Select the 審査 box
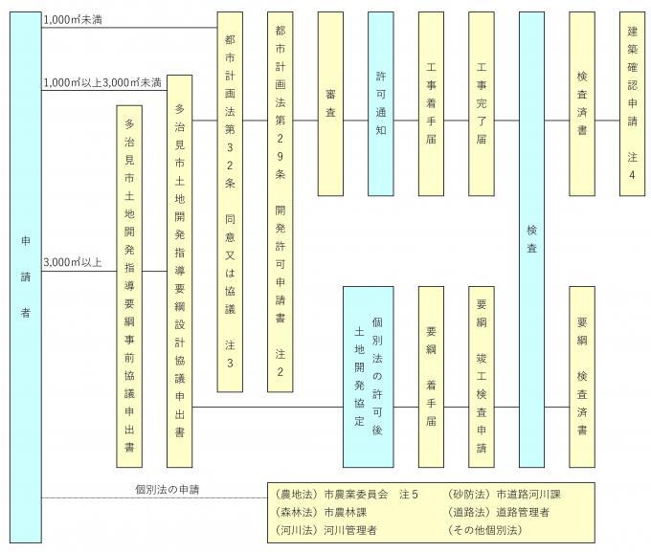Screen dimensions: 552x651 tap(330, 103)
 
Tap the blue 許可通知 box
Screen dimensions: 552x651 tap(380, 103)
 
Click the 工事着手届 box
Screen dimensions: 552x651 tap(432, 103)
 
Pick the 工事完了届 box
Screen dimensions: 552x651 tap(482, 103)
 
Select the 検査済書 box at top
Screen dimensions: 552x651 tap(582, 103)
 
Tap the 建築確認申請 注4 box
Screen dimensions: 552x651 tap(631, 103)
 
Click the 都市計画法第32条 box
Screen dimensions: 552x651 tap(230, 201)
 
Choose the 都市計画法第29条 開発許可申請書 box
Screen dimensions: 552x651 tap(280, 201)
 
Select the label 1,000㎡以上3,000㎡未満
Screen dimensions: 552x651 tap(101, 83)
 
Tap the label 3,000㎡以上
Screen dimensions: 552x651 tap(72, 262)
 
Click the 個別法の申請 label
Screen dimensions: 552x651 tap(173, 490)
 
